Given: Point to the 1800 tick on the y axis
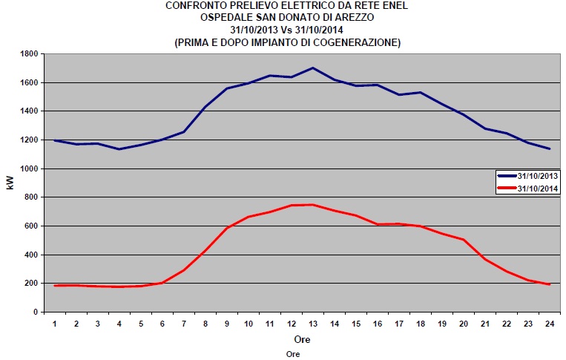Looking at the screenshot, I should [x=30, y=54].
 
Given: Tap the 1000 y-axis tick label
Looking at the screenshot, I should [x=30, y=168].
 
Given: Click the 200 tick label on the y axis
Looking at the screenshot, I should [x=33, y=284].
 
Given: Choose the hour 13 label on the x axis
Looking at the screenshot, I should [x=312, y=324].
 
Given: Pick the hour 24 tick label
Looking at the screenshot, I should [x=549, y=324].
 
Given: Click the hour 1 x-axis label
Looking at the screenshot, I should [x=54, y=324].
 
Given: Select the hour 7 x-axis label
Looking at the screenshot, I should [x=183, y=324].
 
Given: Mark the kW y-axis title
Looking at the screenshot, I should [x=10, y=183].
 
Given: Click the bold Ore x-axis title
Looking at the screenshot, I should [x=301, y=339].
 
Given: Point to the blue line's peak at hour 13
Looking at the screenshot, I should [x=312, y=68].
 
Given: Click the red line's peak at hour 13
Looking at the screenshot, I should [x=312, y=204].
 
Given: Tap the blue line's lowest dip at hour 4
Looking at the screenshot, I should [x=119, y=149].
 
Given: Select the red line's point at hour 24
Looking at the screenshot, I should [x=549, y=284].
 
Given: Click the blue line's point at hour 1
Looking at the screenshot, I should [x=54, y=140].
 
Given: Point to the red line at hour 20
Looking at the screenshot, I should [x=463, y=239].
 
